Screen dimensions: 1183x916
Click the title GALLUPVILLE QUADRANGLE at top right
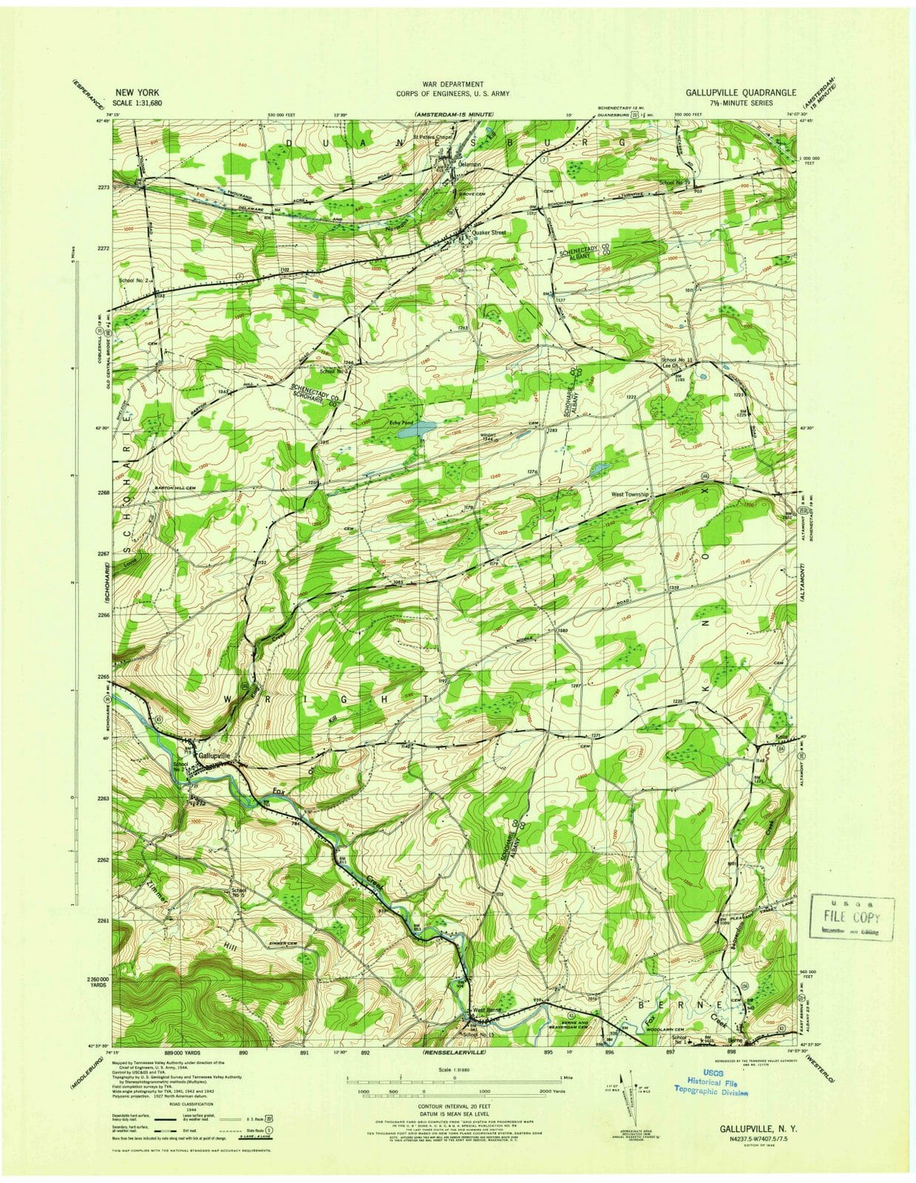click(740, 92)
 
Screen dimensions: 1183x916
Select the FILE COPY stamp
click(852, 918)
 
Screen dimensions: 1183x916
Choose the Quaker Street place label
click(489, 232)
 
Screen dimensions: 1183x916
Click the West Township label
click(630, 495)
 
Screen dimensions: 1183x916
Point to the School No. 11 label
click(677, 360)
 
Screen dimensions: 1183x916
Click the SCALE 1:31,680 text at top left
click(136, 104)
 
